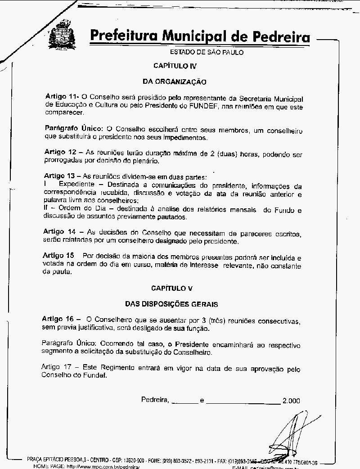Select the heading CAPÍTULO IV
[175, 66]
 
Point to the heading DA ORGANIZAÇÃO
[174, 82]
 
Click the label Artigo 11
[61, 97]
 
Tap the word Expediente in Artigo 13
[76, 185]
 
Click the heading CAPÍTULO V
[175, 288]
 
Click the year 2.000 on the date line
[291, 400]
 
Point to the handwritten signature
[288, 434]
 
